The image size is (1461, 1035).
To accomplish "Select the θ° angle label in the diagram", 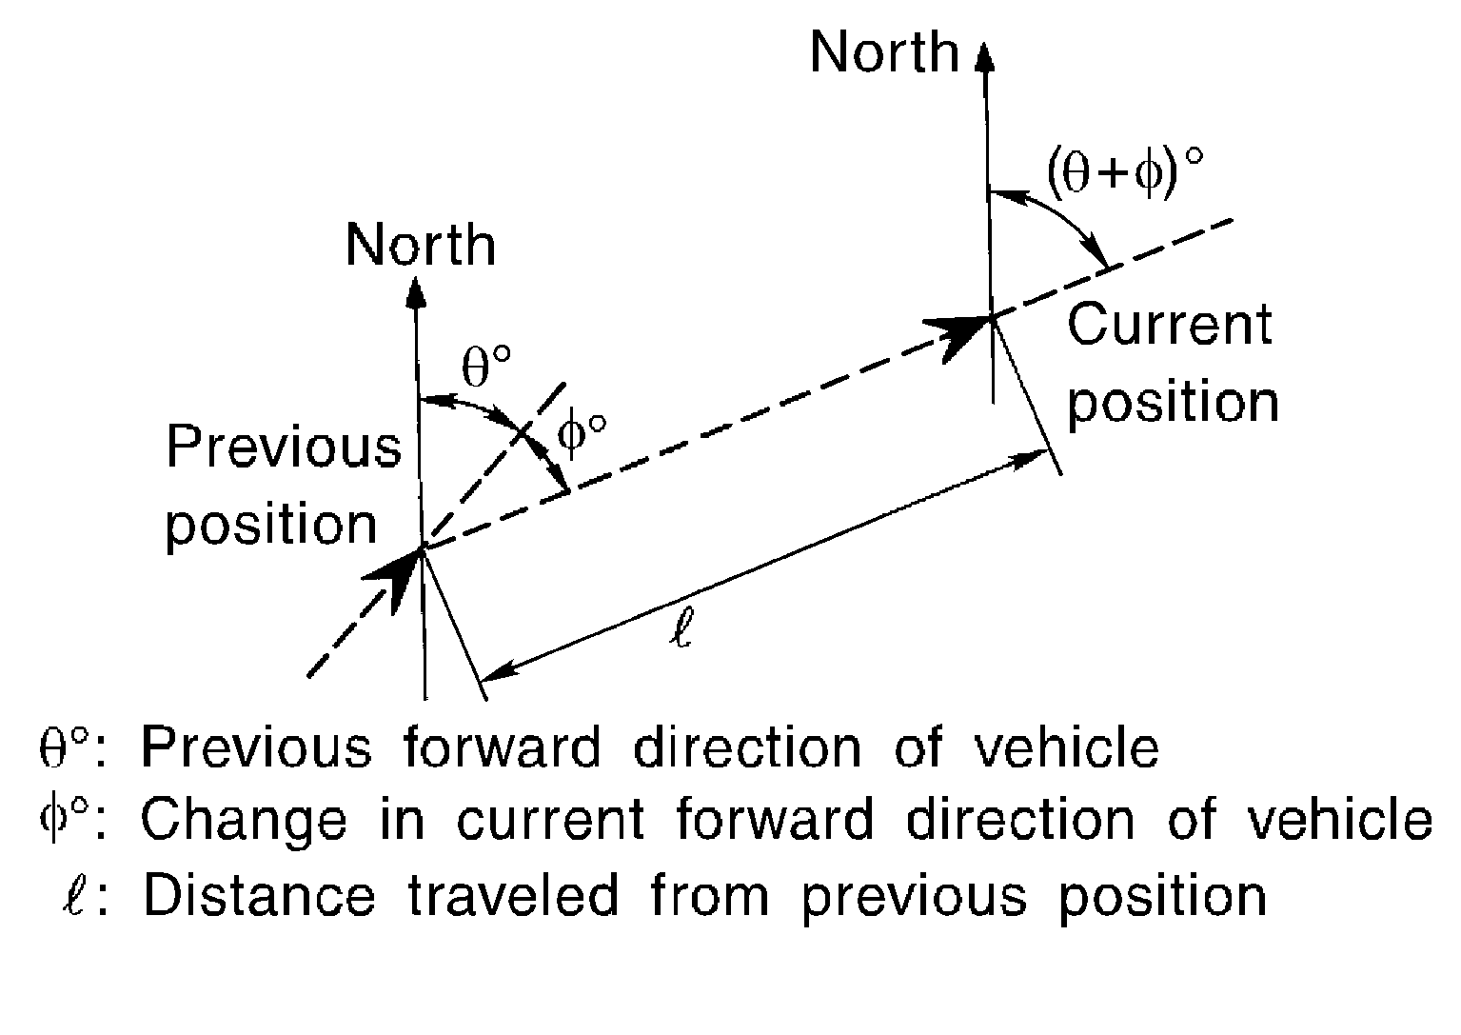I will pyautogui.click(x=486, y=367).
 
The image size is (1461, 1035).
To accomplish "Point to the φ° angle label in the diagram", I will pyautogui.click(x=582, y=436).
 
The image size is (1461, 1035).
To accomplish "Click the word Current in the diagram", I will pyautogui.click(x=1169, y=326).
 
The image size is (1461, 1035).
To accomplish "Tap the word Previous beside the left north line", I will pyautogui.click(x=284, y=448).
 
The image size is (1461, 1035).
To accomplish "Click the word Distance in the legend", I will pyautogui.click(x=258, y=896).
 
